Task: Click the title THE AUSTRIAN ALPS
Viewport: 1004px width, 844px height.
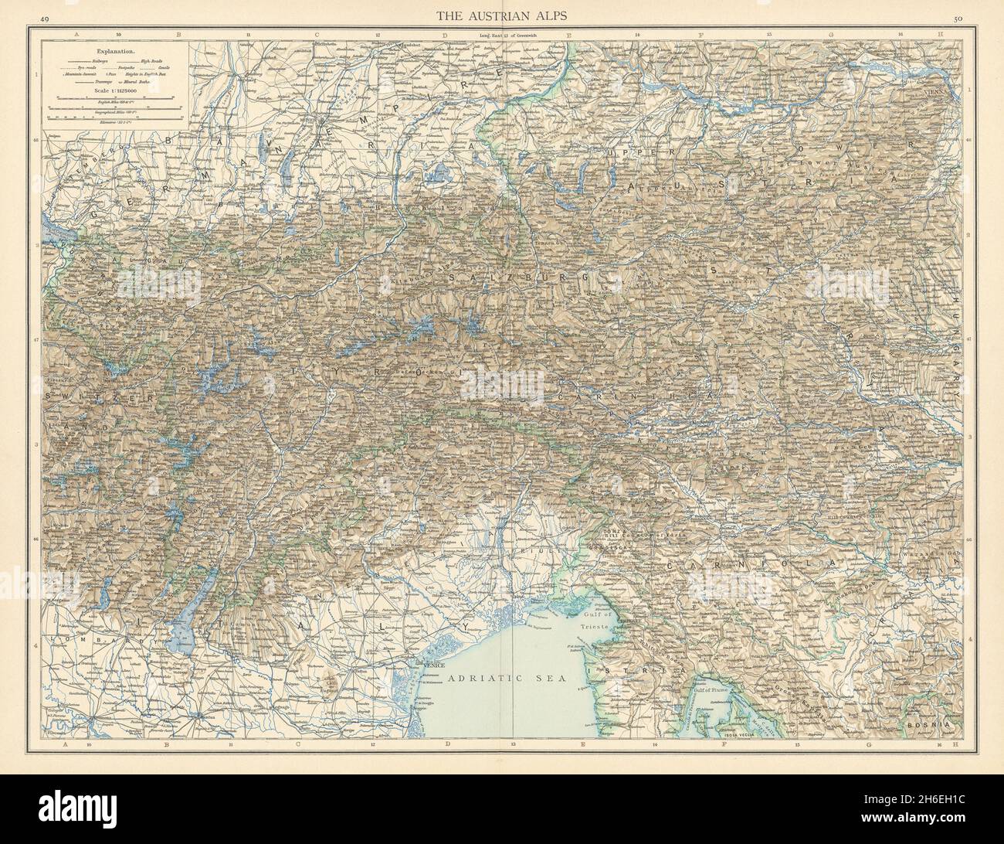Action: (x=501, y=15)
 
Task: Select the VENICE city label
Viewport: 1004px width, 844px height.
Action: (x=431, y=663)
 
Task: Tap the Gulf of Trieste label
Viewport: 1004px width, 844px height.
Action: (x=595, y=619)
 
